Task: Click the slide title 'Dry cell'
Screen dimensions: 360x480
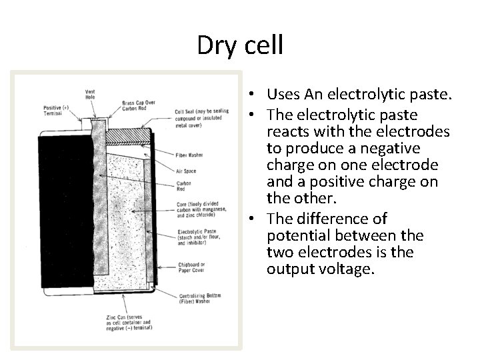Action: click(x=240, y=45)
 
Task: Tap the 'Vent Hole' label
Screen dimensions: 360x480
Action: click(x=89, y=94)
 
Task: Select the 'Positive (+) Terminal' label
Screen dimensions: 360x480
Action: click(x=53, y=110)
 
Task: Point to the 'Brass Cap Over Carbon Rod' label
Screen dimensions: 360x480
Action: click(x=138, y=105)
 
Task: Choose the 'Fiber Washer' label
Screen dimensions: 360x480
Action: click(x=189, y=155)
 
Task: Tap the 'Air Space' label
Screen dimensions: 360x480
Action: click(x=186, y=171)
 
